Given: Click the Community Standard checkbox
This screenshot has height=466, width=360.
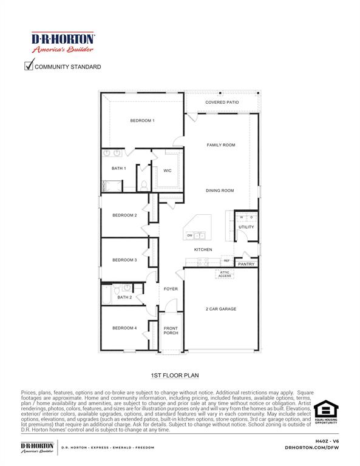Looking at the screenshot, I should tap(29, 66).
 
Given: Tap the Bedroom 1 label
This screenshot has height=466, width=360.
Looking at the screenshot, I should tap(142, 121).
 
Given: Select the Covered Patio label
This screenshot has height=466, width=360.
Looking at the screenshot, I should tap(222, 103).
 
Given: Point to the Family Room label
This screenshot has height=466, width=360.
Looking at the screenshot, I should tap(221, 145).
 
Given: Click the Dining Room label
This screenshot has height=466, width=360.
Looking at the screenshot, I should tap(220, 191).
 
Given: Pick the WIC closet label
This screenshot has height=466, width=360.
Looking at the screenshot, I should tap(168, 171).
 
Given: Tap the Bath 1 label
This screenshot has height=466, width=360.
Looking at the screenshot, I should tap(118, 168).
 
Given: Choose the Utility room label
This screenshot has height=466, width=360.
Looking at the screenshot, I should tap(246, 227).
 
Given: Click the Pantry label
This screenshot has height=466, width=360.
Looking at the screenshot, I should tap(246, 264).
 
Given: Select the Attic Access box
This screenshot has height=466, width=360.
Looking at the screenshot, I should tap(225, 274).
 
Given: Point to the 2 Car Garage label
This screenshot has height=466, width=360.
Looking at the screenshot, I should tap(220, 309).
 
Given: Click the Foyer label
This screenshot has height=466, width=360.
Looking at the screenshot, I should tap(171, 289).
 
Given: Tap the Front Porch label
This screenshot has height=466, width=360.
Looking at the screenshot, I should tap(171, 331).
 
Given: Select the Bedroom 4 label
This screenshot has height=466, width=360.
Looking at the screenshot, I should tap(124, 328).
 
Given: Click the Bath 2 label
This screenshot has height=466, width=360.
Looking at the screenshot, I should tap(124, 297).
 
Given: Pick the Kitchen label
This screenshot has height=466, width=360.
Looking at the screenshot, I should tap(203, 250).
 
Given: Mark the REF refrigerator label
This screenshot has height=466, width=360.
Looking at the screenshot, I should tap(226, 260).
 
